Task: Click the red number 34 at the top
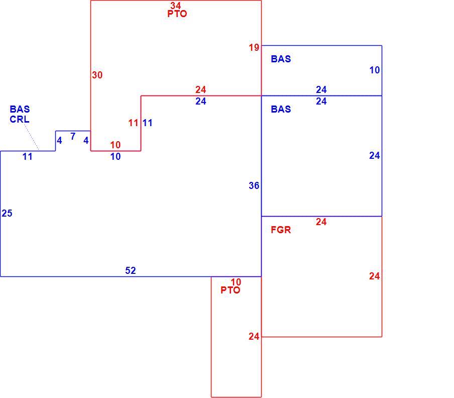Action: [175, 5]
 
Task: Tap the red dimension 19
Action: [254, 48]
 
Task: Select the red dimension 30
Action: [97, 75]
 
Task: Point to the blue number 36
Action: [254, 185]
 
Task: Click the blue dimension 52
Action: [130, 270]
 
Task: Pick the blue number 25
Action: [7, 213]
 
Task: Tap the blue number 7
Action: [73, 136]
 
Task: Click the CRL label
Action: [20, 119]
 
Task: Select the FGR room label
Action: [281, 230]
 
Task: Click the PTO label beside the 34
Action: [177, 14]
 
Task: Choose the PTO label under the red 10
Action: [231, 290]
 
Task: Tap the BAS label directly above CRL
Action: [20, 109]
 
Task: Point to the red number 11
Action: [133, 123]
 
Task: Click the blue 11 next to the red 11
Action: [147, 123]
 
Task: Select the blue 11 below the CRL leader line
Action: [28, 157]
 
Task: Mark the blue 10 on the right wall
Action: [375, 70]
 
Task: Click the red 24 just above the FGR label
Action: [321, 222]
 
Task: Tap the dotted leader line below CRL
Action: [32, 137]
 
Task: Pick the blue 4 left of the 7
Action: [59, 141]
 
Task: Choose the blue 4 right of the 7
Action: [86, 141]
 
